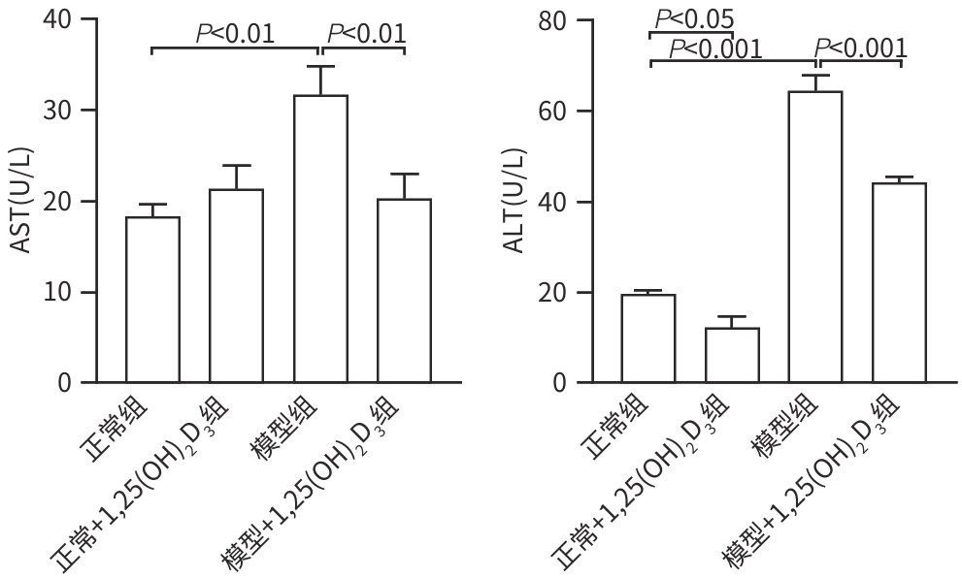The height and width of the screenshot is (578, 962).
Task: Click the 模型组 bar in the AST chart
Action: [320, 239]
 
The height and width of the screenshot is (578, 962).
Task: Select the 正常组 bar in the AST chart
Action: [152, 300]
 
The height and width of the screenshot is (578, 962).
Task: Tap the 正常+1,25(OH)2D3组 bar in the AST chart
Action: [236, 286]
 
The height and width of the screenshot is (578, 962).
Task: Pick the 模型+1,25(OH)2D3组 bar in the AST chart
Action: [404, 291]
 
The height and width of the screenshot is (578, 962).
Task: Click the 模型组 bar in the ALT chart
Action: [815, 237]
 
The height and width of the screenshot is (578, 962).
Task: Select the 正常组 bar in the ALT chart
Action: [648, 338]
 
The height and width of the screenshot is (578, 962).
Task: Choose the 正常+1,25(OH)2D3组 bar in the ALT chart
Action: [732, 355]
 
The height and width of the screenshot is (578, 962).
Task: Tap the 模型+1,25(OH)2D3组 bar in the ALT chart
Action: [899, 282]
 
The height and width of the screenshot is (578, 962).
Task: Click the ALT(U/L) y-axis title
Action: [515, 202]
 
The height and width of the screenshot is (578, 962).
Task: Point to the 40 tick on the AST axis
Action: [90, 18]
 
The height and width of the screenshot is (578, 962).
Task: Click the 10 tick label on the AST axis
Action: [58, 292]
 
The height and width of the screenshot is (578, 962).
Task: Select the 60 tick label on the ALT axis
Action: [553, 111]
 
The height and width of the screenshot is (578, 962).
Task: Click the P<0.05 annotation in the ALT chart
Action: [694, 19]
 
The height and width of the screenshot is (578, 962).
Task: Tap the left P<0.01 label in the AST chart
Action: [235, 34]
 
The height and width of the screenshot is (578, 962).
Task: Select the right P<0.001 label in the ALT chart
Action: [861, 48]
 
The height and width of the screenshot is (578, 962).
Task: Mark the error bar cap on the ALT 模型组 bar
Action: [815, 75]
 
